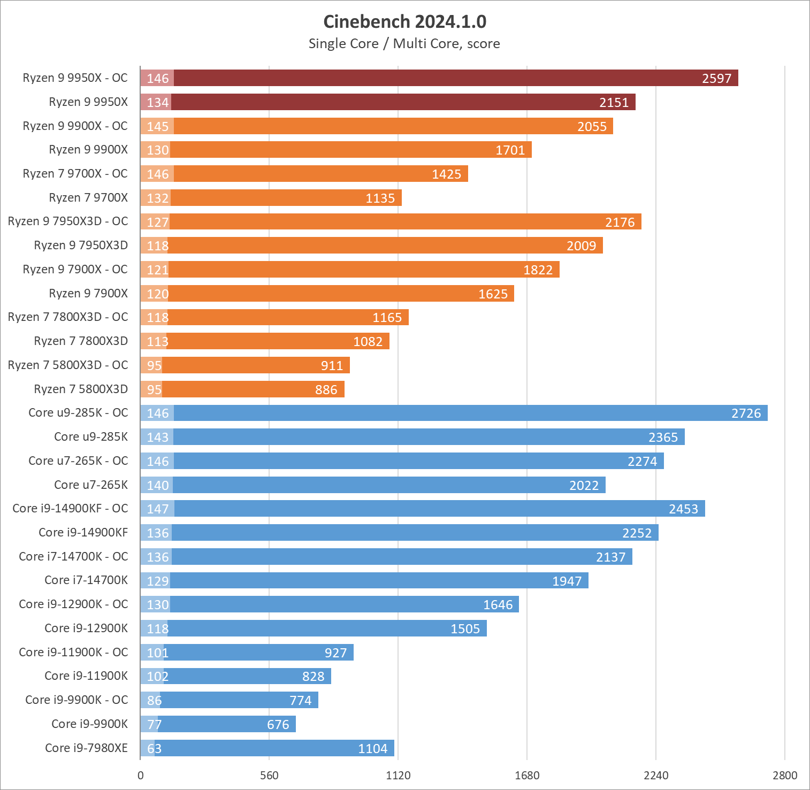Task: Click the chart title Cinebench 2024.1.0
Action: point(404,21)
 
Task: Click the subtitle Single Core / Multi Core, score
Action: point(404,43)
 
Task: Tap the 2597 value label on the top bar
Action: point(716,79)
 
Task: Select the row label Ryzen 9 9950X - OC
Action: point(75,78)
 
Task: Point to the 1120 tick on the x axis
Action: point(398,775)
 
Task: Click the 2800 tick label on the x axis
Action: point(784,775)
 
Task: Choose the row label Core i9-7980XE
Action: point(86,748)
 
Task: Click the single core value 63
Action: point(154,748)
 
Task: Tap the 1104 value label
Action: point(372,748)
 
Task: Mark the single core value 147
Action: point(158,509)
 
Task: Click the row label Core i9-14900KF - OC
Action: point(70,508)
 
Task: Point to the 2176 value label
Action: point(620,222)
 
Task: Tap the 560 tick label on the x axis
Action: point(269,775)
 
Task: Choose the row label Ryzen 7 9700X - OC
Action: point(75,174)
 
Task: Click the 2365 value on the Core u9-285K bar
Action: point(663,437)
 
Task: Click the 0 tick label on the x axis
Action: point(141,775)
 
